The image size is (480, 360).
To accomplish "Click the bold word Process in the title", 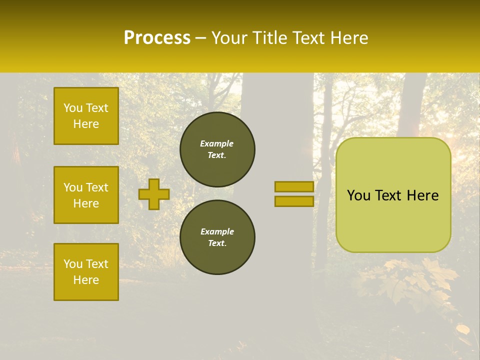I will pyautogui.click(x=157, y=38).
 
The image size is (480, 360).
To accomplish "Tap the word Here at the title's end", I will pyautogui.click(x=347, y=38).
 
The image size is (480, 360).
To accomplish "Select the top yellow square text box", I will pyautogui.click(x=86, y=116).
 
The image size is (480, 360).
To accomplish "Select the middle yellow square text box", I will pyautogui.click(x=86, y=195).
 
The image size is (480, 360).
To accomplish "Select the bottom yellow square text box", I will pyautogui.click(x=86, y=272).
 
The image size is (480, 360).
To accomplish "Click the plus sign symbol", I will pyautogui.click(x=154, y=194).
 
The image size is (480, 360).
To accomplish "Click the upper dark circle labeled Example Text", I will pyautogui.click(x=217, y=149).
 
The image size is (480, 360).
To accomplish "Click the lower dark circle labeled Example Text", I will pyautogui.click(x=217, y=237).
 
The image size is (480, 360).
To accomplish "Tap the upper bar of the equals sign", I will pyautogui.click(x=294, y=186).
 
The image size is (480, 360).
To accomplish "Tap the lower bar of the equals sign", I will pyautogui.click(x=294, y=201).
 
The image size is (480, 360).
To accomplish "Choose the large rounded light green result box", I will pyautogui.click(x=393, y=220).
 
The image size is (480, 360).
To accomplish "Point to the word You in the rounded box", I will pyautogui.click(x=358, y=195).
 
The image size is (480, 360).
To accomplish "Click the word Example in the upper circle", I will pyautogui.click(x=217, y=143).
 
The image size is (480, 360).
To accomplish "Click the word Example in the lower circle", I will pyautogui.click(x=217, y=231).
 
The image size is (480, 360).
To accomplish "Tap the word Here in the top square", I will pyautogui.click(x=86, y=124).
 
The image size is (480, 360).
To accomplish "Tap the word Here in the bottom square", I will pyautogui.click(x=86, y=280).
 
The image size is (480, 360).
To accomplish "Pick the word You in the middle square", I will pyautogui.click(x=72, y=187).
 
